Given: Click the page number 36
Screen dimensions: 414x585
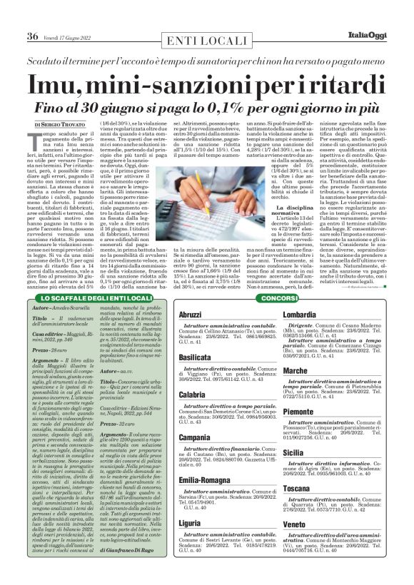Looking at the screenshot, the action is [32, 36].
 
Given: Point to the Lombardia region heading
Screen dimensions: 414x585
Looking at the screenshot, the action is [305, 315].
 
